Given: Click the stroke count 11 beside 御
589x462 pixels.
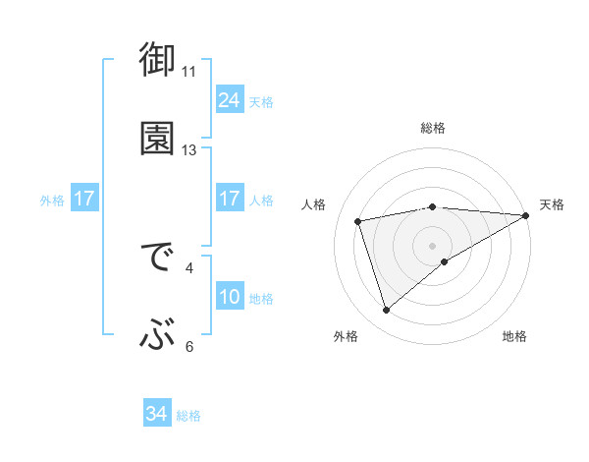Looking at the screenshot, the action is [189, 72].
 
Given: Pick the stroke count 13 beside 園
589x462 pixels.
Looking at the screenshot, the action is [189, 150].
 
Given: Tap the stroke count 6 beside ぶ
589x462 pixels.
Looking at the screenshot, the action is [189, 346].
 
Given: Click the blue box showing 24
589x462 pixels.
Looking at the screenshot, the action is [229, 100].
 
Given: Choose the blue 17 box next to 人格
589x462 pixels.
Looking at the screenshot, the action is [229, 200].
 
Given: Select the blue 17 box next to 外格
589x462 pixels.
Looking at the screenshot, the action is [84, 200].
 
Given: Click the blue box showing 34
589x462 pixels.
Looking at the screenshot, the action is [157, 415].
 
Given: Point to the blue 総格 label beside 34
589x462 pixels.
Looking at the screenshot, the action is [189, 416].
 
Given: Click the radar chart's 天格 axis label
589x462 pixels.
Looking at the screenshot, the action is [553, 204].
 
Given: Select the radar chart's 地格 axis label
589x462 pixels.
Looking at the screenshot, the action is [514, 337].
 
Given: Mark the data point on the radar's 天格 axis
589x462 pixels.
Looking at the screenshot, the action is [526, 215].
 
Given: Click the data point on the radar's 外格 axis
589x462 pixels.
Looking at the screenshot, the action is [386, 311].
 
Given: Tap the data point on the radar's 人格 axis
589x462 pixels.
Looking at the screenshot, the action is [358, 220].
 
